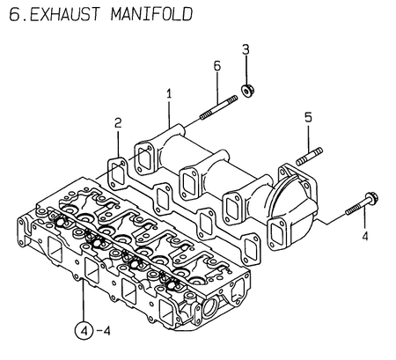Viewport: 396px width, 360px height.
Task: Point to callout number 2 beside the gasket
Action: click(116, 124)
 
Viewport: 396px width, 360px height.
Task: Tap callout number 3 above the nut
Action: click(246, 48)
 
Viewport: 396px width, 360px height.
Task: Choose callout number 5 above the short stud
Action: click(308, 116)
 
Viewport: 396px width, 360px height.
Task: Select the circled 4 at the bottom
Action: click(81, 333)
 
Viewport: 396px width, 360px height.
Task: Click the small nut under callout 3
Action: click(247, 87)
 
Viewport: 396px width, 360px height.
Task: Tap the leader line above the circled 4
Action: click(81, 299)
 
